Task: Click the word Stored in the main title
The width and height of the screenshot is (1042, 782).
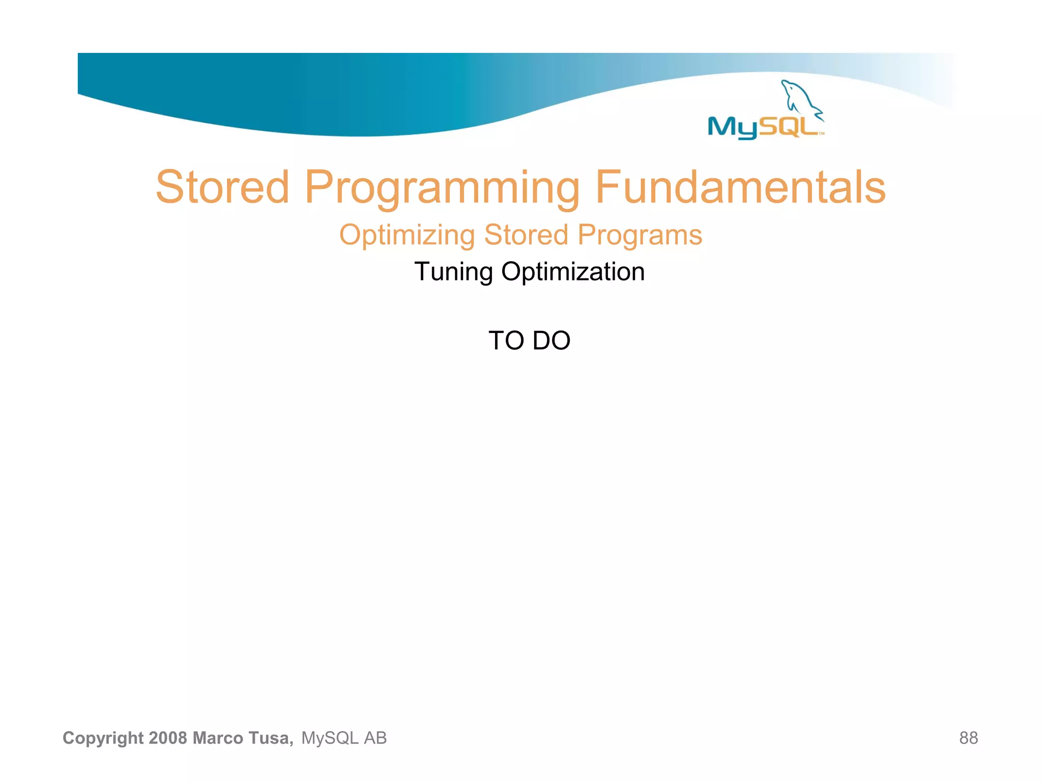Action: click(x=222, y=188)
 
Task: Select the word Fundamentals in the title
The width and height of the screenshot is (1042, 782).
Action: click(x=740, y=188)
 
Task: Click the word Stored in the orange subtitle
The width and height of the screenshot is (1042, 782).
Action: click(x=526, y=235)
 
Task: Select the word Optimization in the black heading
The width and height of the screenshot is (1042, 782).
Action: click(x=573, y=272)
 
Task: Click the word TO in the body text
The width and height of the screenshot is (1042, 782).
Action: click(x=506, y=341)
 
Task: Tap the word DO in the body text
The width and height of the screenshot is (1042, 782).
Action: click(x=552, y=341)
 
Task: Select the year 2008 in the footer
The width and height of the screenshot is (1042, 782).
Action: click(x=168, y=738)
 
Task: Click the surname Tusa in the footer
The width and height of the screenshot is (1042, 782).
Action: click(x=270, y=738)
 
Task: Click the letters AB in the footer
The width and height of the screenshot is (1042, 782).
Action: click(x=375, y=738)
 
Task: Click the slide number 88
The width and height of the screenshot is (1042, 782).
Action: click(x=968, y=738)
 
